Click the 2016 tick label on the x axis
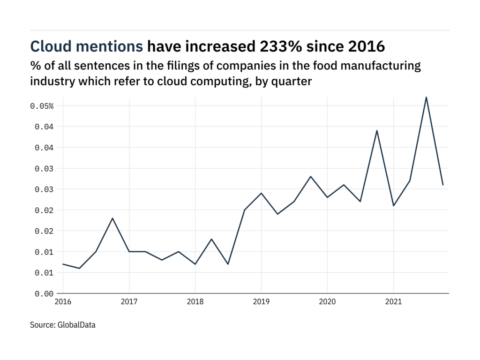tap(63, 302)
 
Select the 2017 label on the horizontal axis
tap(129, 302)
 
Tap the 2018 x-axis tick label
tap(195, 302)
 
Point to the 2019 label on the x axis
tap(261, 302)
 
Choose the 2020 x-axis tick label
tap(327, 302)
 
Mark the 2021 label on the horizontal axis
tap(393, 302)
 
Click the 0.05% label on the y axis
tap(42, 106)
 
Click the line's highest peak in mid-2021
tap(426, 97)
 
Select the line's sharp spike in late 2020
tap(377, 130)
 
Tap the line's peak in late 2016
tap(112, 218)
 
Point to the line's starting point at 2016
tap(63, 264)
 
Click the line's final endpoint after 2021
tap(443, 185)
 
